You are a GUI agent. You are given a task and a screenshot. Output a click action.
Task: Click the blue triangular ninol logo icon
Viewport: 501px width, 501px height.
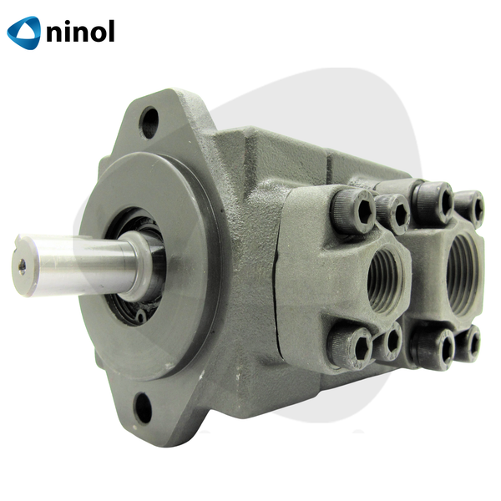click(x=24, y=33)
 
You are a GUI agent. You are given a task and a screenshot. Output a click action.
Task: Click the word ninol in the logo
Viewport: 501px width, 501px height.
click(x=80, y=31)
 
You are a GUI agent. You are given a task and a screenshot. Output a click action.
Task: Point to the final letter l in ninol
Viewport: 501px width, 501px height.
click(x=111, y=31)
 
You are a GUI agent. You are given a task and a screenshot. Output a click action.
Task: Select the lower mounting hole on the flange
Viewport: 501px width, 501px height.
click(x=143, y=408)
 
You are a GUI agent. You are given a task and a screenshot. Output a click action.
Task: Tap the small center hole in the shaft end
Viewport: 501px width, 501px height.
click(x=22, y=267)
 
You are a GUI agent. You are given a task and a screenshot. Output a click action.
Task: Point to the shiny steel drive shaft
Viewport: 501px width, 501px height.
click(x=77, y=266)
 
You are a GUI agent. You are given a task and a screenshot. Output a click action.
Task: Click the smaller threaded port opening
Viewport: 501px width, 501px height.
click(x=385, y=281)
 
